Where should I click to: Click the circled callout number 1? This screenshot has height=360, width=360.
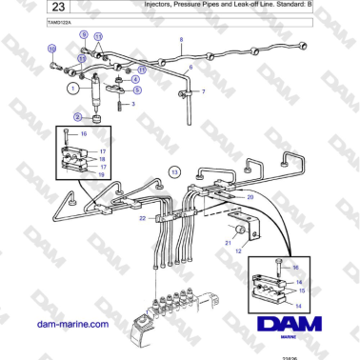[71, 88]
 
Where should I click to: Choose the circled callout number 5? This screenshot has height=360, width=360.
[136, 90]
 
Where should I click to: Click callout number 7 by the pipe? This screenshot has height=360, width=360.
[201, 92]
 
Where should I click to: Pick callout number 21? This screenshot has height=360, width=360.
[228, 243]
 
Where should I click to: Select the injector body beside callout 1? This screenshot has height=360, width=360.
[94, 92]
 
